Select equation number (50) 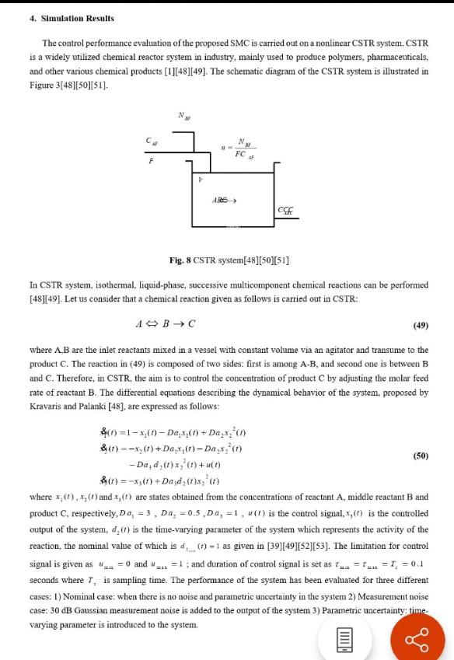[421, 455]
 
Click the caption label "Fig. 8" [183, 260]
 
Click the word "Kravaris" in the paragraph [48, 406]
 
